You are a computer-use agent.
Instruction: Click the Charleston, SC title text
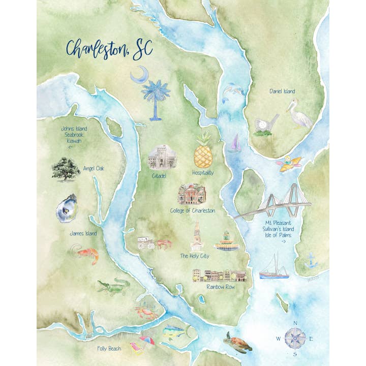pos(109,49)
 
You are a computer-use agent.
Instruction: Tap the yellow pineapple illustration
pos(203,151)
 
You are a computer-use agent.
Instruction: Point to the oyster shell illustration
pos(66,208)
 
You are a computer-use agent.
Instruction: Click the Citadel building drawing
pos(162,158)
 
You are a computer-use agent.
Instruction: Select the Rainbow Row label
pos(220,287)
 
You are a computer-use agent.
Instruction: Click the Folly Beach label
pos(109,349)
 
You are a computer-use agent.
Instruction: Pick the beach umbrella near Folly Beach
pos(147,342)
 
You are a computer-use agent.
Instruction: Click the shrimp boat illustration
pos(274,268)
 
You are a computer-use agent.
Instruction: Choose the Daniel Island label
pos(282,91)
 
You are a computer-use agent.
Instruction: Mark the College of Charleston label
pos(192,210)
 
